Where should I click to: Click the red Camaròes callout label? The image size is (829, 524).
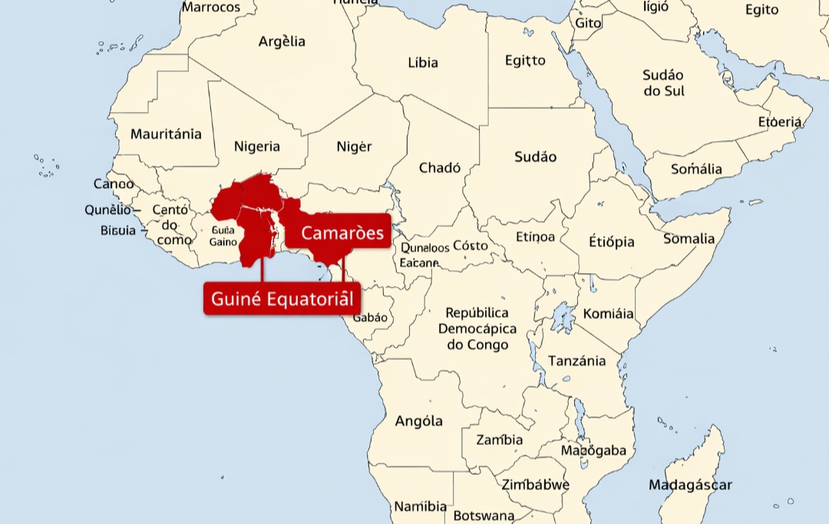(x=342, y=232)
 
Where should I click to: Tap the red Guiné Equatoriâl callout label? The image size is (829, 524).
(x=282, y=298)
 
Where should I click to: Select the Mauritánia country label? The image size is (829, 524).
(x=166, y=134)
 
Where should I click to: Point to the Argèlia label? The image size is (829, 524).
(x=282, y=41)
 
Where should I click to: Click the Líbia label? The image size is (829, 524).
(x=423, y=62)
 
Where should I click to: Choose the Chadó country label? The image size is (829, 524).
(x=440, y=167)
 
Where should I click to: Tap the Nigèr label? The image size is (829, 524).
(x=354, y=147)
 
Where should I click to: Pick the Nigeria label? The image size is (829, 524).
(x=257, y=147)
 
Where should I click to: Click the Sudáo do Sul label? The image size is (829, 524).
(x=664, y=83)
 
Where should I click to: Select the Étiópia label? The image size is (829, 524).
(x=612, y=242)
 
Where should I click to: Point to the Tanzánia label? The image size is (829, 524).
(x=576, y=361)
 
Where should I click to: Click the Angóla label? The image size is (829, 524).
(x=418, y=421)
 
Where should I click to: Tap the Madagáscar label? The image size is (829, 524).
(x=690, y=485)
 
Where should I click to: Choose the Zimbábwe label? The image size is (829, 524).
(x=536, y=485)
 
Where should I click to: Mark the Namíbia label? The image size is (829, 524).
(x=421, y=506)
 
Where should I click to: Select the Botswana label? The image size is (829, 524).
(x=484, y=516)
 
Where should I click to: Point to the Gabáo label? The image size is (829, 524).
(x=370, y=318)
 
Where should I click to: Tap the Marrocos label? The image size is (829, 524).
(x=210, y=8)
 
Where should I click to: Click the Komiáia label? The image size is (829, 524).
(x=609, y=314)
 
